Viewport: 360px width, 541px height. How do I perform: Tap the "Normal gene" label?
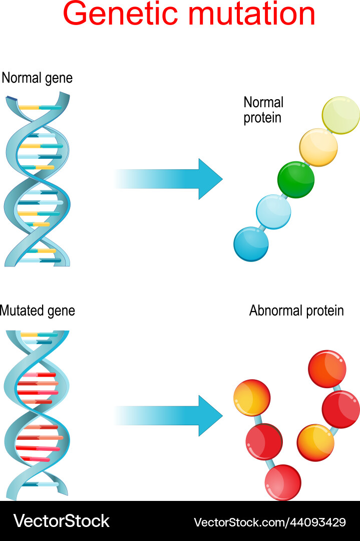[x=37, y=78]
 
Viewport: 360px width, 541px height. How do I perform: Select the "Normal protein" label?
[x=263, y=110]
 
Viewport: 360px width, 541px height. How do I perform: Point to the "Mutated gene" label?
[x=38, y=311]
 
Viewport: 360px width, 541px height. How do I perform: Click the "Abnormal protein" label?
[x=296, y=311]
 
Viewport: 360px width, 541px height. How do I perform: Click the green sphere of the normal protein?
[x=296, y=179]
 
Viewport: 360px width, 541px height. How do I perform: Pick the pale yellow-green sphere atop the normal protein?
[x=340, y=115]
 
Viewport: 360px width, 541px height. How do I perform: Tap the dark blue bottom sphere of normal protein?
[x=251, y=244]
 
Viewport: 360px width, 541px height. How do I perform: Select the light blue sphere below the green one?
[x=273, y=211]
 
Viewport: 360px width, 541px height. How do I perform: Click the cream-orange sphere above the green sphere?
[x=318, y=147]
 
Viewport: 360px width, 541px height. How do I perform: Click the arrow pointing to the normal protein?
[x=170, y=179]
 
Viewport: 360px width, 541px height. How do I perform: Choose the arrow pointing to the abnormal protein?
[x=170, y=415]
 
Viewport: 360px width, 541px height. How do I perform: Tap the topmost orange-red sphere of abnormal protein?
[x=327, y=369]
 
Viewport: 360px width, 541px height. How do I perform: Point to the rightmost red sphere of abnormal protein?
[x=340, y=409]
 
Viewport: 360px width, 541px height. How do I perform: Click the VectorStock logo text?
[x=61, y=521]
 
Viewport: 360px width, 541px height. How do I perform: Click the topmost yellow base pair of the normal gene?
[x=29, y=107]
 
